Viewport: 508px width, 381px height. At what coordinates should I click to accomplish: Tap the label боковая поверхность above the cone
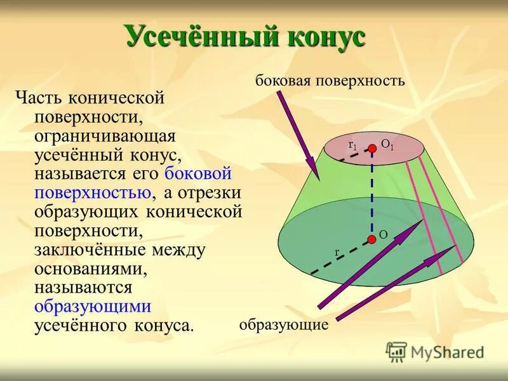(x=330, y=81)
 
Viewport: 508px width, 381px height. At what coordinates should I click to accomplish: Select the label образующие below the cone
(x=283, y=325)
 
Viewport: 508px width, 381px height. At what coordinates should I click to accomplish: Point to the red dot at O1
(x=371, y=148)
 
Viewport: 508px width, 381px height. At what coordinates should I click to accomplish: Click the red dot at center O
(x=371, y=239)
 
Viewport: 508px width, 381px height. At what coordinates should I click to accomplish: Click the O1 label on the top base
(x=387, y=145)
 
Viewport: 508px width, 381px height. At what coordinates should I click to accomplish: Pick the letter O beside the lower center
(x=384, y=235)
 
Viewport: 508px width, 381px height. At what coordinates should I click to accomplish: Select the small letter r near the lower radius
(x=337, y=252)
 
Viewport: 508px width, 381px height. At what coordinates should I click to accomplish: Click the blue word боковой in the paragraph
(x=197, y=173)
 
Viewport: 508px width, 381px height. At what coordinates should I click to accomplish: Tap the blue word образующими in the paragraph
(x=93, y=306)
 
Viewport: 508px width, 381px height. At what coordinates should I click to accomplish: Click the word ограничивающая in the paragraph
(x=105, y=136)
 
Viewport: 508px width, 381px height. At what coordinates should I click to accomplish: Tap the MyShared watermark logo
(x=436, y=351)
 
